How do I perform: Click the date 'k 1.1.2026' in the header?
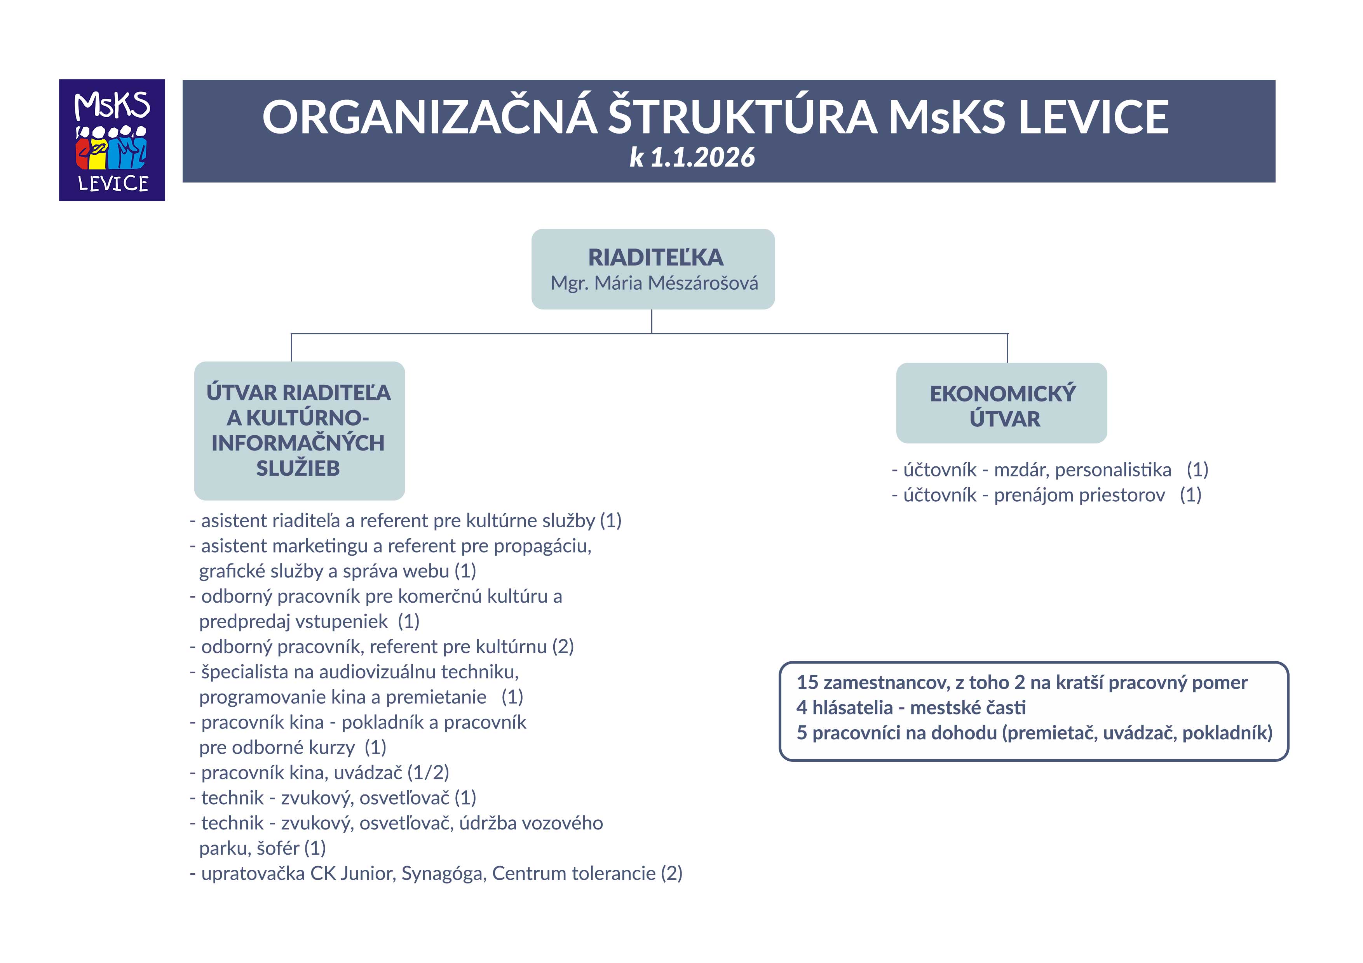pos(692,158)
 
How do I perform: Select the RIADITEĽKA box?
pos(653,269)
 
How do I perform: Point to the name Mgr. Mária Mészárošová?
pos(654,283)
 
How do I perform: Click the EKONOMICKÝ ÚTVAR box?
pos(1002,403)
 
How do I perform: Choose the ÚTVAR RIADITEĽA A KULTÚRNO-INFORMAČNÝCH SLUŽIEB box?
pos(299,430)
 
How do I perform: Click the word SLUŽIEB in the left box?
pos(298,469)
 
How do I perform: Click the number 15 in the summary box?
pos(807,682)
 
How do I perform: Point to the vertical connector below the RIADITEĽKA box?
pos(652,321)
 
